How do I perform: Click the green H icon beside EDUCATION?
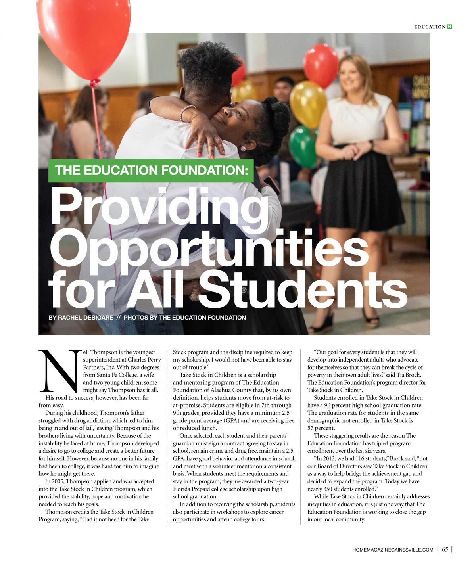(x=449, y=27)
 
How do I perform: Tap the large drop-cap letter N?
(x=60, y=370)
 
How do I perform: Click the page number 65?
(x=445, y=549)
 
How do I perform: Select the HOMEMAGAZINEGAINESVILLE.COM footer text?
(x=393, y=550)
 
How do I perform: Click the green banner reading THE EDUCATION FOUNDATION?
(x=151, y=171)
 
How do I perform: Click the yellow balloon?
(x=308, y=104)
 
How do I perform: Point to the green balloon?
(x=303, y=146)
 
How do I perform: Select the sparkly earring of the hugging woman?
(x=243, y=148)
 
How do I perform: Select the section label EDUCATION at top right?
(x=430, y=27)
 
